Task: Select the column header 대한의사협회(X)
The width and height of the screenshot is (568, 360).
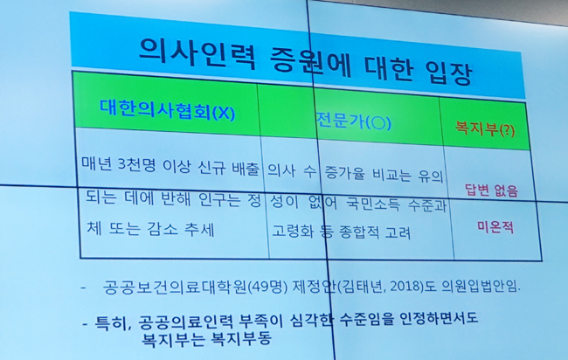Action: coord(168,110)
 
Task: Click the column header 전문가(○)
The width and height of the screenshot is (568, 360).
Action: coord(354,121)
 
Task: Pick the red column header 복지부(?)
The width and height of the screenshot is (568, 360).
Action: coord(485,128)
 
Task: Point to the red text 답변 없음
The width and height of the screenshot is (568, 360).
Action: coord(492,190)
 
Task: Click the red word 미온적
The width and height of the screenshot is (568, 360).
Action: coord(495,226)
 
